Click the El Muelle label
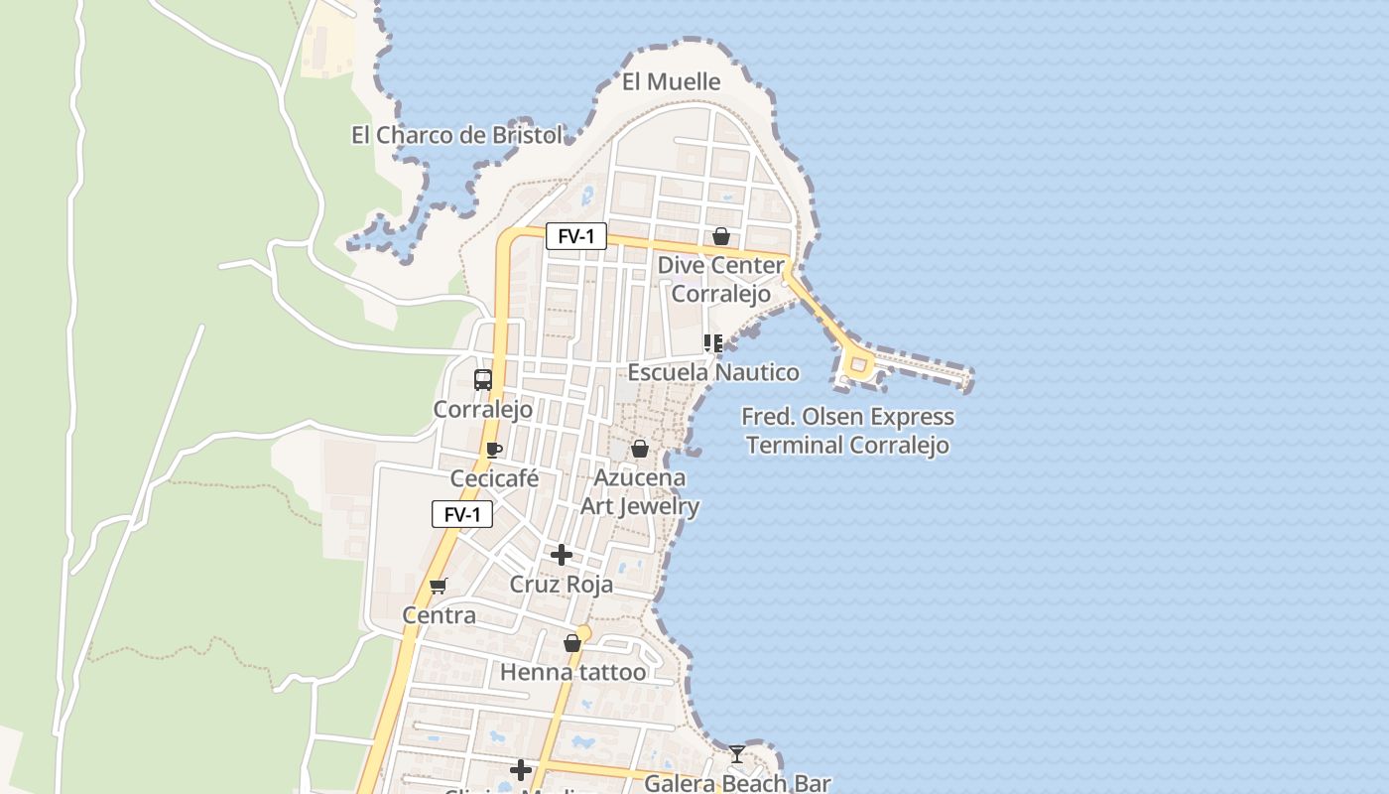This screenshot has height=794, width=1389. point(671,81)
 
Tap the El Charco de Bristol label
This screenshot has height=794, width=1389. point(456,135)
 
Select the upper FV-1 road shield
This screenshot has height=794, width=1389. point(575,236)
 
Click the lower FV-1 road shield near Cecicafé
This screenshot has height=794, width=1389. point(462,514)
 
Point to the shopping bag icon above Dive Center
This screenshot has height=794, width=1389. point(721,236)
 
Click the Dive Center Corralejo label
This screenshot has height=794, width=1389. point(721,280)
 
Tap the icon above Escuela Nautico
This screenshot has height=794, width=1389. point(712,343)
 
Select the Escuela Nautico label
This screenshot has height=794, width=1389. point(713,372)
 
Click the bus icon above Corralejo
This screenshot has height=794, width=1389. point(483,379)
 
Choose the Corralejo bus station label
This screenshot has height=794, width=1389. point(483,409)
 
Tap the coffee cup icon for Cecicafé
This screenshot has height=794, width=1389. point(494,450)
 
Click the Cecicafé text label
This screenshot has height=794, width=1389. point(494,478)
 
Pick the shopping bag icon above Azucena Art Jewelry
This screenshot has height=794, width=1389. point(640,449)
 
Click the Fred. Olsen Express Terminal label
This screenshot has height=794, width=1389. point(848,431)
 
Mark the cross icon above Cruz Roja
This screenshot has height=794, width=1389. point(562,554)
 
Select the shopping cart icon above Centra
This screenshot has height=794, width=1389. point(439,586)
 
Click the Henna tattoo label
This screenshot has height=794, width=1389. point(572,672)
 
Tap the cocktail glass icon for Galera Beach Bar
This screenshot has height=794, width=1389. point(736,754)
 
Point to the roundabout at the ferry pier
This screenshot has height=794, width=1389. point(857,365)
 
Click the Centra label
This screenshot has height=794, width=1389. point(439,615)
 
